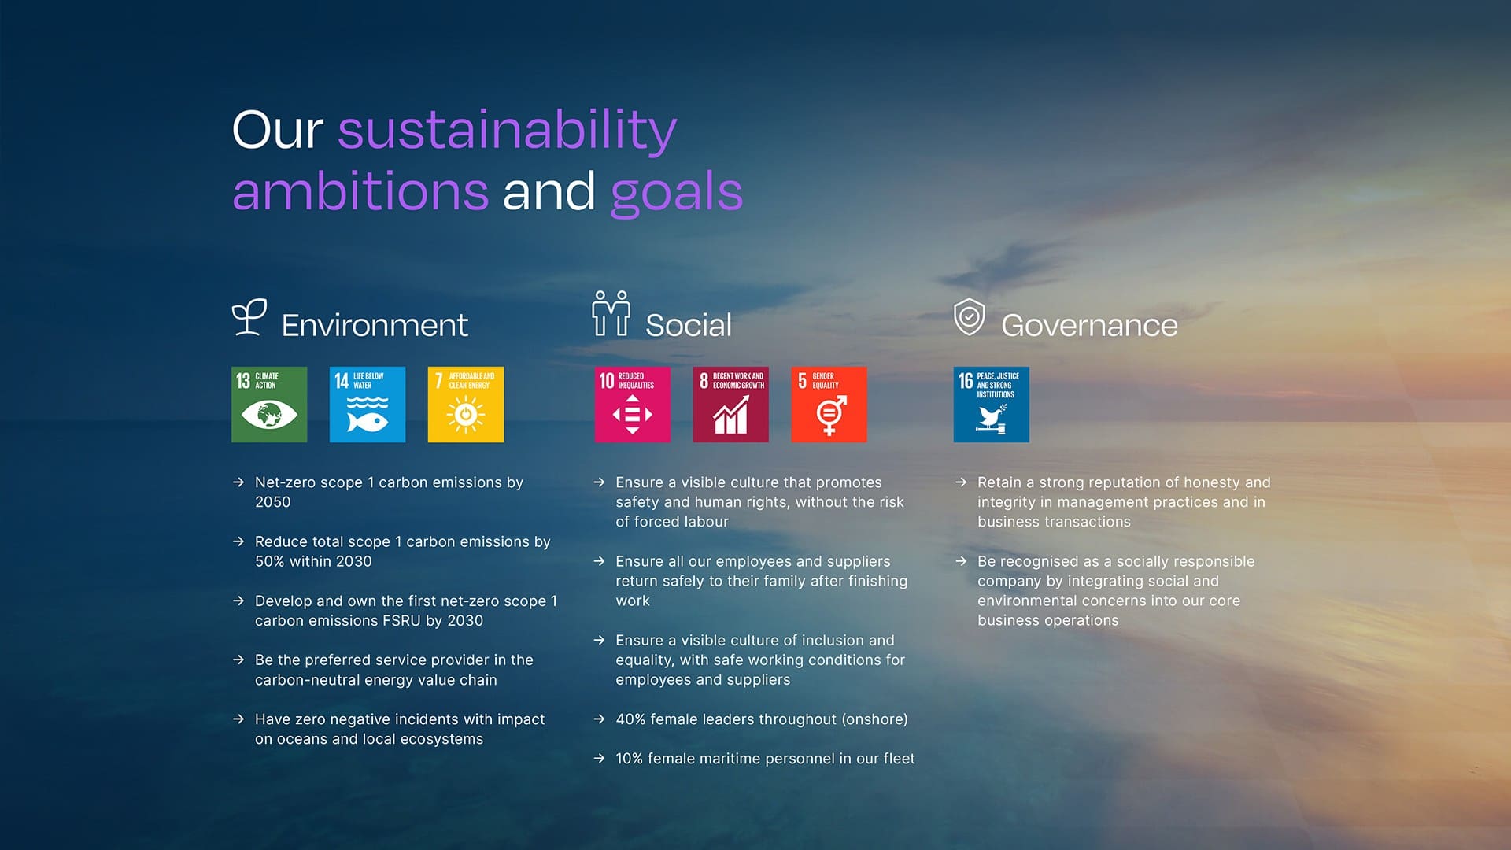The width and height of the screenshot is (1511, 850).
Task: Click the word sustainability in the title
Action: (508, 131)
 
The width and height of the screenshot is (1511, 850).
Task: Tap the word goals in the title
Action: (677, 192)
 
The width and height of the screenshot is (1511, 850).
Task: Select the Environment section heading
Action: (375, 325)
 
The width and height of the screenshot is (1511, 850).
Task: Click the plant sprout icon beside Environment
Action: (249, 317)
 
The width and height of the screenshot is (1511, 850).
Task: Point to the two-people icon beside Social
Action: (611, 314)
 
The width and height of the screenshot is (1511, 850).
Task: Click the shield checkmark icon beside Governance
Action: (969, 317)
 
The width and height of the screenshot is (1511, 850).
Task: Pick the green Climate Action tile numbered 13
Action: (269, 405)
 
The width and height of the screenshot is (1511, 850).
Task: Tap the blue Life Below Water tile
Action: (368, 405)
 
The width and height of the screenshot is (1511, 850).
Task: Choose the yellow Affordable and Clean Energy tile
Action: (466, 405)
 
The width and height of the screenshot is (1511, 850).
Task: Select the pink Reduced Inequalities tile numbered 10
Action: (633, 405)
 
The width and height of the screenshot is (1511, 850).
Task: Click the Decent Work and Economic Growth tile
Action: (731, 405)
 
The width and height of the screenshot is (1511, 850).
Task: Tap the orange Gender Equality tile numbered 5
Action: (829, 405)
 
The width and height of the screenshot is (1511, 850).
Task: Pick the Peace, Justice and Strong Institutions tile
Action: (992, 405)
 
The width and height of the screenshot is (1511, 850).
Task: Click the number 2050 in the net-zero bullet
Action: (273, 502)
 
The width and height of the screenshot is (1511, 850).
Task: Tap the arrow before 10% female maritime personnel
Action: (600, 759)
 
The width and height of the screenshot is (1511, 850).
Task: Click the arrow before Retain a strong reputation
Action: (961, 482)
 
